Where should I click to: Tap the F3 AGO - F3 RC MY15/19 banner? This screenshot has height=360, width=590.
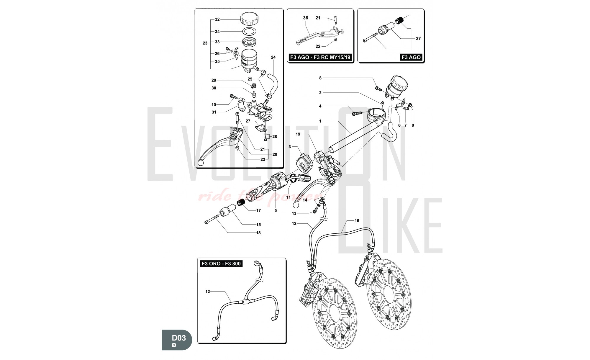320,57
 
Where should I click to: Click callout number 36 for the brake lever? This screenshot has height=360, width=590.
305,18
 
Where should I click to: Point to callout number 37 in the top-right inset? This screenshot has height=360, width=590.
418,38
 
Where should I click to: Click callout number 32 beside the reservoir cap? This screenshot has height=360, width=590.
217,19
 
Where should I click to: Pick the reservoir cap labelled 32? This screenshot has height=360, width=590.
250,19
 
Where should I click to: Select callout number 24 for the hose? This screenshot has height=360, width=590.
273,57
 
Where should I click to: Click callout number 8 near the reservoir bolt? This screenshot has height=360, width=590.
320,78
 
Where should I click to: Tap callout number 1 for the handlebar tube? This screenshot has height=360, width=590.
320,121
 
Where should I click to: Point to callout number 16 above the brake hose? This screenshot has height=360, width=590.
357,221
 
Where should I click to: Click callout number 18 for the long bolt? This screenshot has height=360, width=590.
258,233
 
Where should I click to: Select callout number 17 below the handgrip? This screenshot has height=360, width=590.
258,211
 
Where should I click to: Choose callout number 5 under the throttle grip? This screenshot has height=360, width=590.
276,211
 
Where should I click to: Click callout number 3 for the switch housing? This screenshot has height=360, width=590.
290,147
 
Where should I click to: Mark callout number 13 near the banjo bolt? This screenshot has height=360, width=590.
294,213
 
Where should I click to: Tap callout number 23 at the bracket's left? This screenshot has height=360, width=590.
205,43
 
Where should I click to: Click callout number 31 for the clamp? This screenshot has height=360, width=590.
214,112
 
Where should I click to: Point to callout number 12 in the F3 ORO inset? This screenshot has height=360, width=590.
208,292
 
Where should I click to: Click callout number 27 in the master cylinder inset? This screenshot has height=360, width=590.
248,121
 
